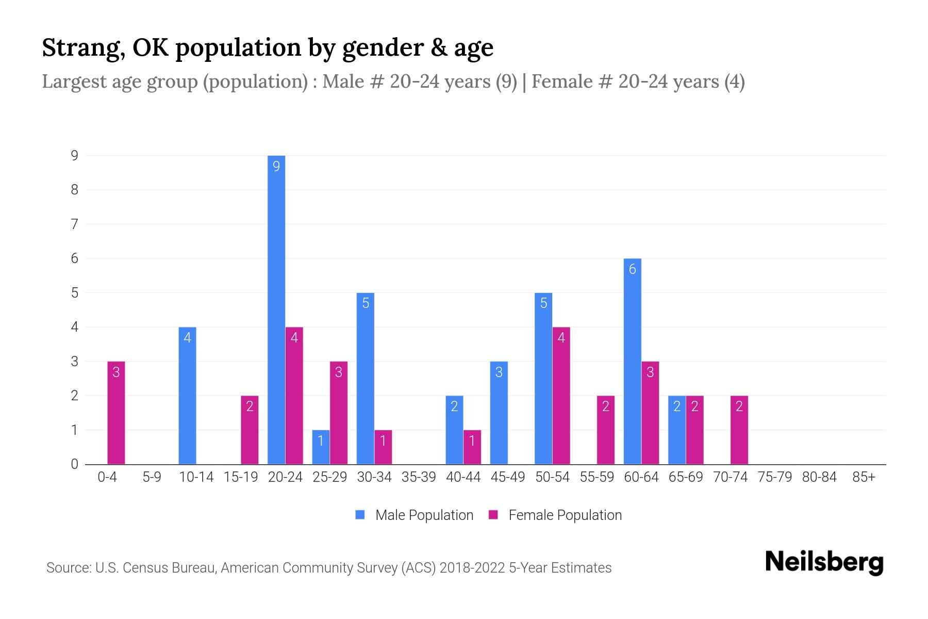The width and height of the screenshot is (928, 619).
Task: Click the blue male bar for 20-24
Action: [x=276, y=309]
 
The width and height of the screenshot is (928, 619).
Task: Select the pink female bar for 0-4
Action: [x=116, y=413]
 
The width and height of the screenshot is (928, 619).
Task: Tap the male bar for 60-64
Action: [x=632, y=361]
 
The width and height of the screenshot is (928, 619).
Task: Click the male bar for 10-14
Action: [x=187, y=396]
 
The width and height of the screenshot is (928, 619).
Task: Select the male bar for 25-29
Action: [x=321, y=447]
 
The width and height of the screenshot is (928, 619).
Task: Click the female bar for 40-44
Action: [x=472, y=447]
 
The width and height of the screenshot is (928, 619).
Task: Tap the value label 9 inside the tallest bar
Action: [x=276, y=166]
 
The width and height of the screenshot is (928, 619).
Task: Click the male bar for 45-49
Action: [x=499, y=413]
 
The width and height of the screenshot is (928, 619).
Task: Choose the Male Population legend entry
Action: [x=415, y=515]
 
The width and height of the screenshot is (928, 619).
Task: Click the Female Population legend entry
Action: [x=555, y=515]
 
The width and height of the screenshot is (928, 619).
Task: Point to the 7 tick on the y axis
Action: [x=75, y=224]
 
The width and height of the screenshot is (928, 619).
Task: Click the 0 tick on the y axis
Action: [x=75, y=464]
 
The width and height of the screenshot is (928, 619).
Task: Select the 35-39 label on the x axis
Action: [x=419, y=477]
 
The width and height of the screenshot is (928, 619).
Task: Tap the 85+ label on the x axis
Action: [x=864, y=477]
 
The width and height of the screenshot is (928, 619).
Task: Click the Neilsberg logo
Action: [x=824, y=562]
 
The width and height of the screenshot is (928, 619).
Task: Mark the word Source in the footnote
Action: [x=67, y=568]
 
